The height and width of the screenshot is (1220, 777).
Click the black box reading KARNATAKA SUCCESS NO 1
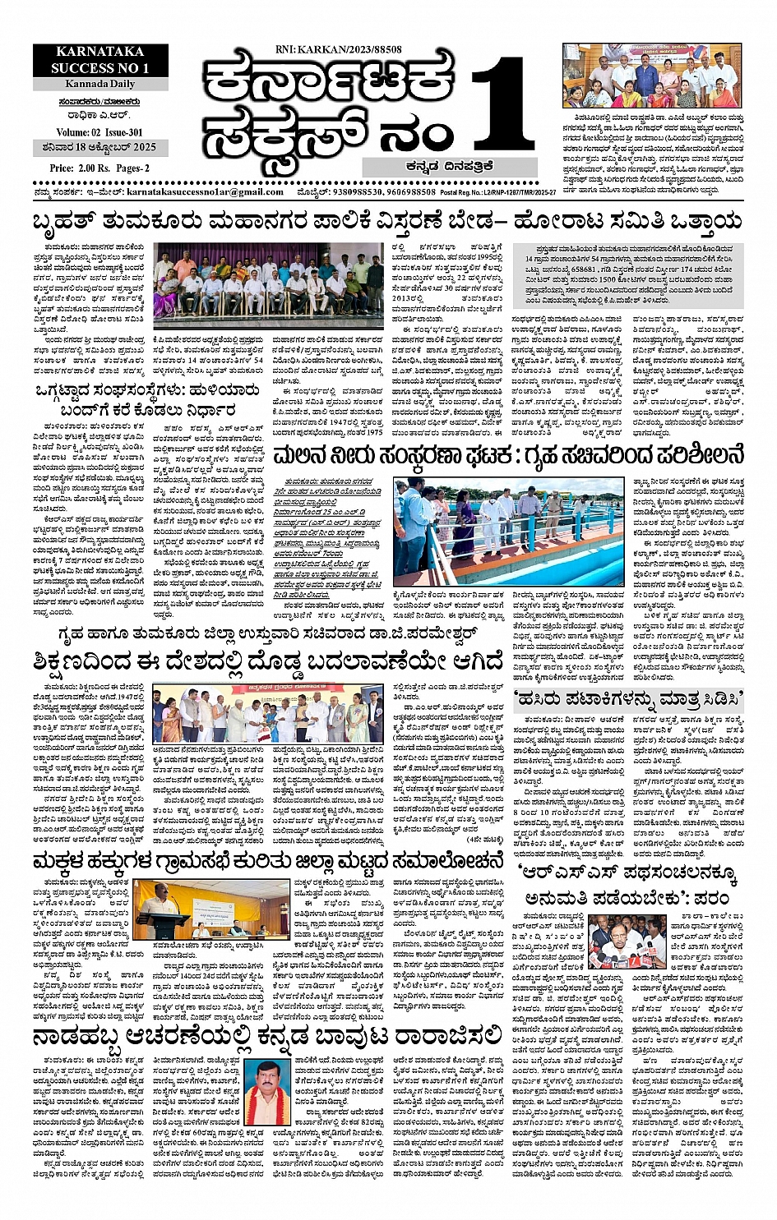pos(100,60)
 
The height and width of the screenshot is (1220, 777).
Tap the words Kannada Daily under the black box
pos(100,84)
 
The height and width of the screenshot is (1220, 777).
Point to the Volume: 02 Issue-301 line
pos(99,132)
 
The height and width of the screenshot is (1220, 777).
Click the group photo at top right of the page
pos(652,76)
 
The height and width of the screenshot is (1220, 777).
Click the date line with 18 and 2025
pos(99,149)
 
